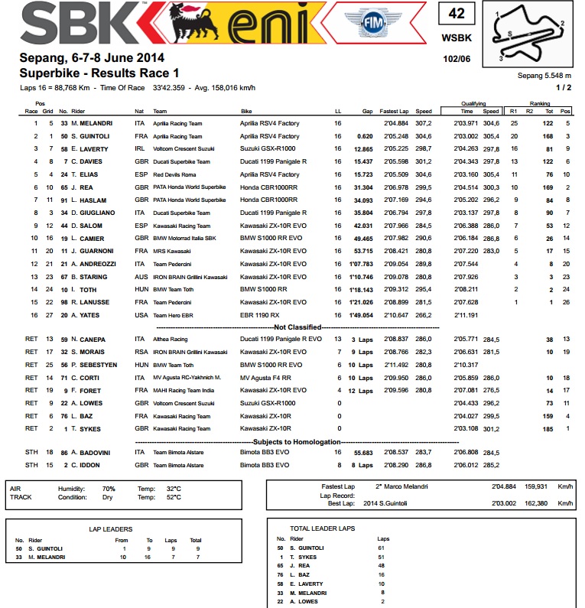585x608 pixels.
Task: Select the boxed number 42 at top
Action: coord(457,14)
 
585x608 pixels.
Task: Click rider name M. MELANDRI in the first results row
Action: coord(93,122)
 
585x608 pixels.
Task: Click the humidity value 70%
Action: coord(109,487)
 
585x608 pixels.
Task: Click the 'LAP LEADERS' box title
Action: coord(110,528)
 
